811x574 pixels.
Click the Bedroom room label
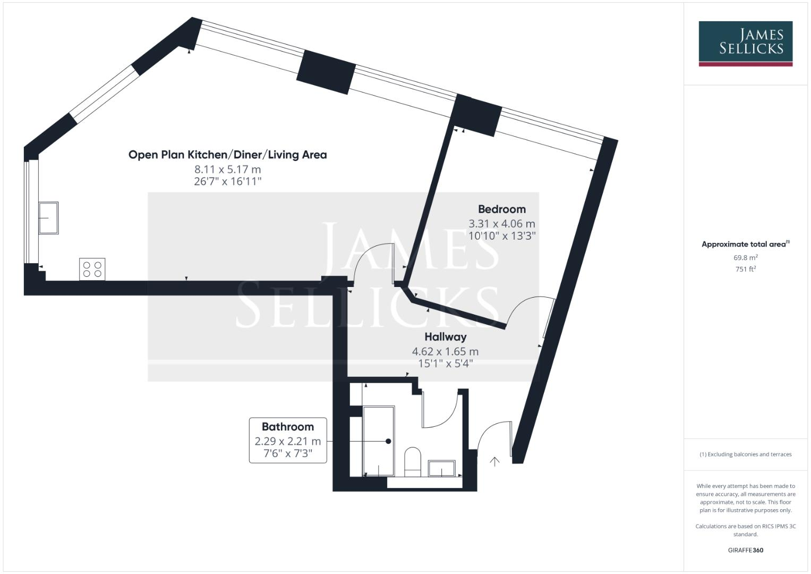pyautogui.click(x=501, y=209)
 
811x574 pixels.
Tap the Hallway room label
pyautogui.click(x=445, y=337)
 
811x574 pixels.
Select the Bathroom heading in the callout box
pyautogui.click(x=287, y=427)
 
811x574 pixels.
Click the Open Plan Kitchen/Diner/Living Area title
pyautogui.click(x=227, y=155)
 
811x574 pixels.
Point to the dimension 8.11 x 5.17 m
pyautogui.click(x=227, y=170)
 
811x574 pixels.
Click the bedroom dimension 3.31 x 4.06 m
pyautogui.click(x=501, y=224)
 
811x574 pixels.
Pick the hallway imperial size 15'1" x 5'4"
pyautogui.click(x=445, y=364)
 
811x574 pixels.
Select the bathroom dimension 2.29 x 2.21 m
pyautogui.click(x=287, y=441)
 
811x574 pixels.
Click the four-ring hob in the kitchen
pyautogui.click(x=92, y=269)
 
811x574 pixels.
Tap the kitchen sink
pyautogui.click(x=48, y=217)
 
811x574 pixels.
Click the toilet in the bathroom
pyautogui.click(x=413, y=461)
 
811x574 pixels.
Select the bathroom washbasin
pyautogui.click(x=441, y=468)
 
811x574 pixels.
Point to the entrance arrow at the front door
pyautogui.click(x=494, y=461)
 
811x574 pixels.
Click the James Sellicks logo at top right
pyautogui.click(x=745, y=43)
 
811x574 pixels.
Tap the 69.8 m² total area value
pyautogui.click(x=745, y=258)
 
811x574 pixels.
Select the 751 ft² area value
pyautogui.click(x=745, y=269)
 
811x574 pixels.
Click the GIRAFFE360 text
pyautogui.click(x=745, y=550)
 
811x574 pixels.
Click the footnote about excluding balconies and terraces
pyautogui.click(x=745, y=454)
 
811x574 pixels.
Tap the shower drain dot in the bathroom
pyautogui.click(x=388, y=441)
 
